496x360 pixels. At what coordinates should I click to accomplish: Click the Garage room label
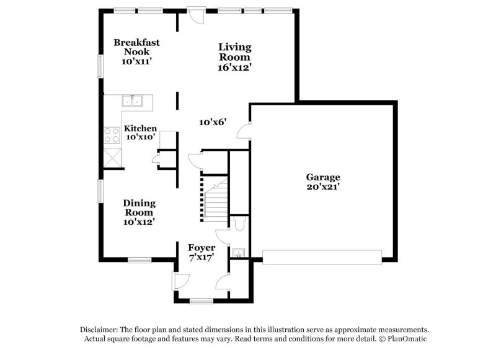[323, 177]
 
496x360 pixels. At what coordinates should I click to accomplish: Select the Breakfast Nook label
[136, 47]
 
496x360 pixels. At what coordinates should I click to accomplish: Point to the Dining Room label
[139, 208]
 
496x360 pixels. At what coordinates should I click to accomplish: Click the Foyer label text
[202, 247]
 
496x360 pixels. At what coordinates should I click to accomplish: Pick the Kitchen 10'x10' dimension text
[141, 137]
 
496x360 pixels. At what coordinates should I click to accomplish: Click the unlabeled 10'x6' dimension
[213, 121]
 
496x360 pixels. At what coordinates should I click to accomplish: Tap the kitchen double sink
[132, 101]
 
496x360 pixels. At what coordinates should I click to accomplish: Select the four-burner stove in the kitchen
[112, 135]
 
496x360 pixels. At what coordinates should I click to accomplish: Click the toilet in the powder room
[240, 223]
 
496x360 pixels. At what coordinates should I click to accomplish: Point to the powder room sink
[238, 253]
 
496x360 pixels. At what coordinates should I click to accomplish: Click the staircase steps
[216, 199]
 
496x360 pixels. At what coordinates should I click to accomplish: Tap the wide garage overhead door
[322, 257]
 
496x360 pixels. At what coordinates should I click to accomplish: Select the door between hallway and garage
[244, 131]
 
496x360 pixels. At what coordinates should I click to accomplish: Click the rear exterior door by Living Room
[196, 15]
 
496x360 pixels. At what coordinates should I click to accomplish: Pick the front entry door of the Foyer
[180, 281]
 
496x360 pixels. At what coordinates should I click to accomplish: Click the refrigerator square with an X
[113, 157]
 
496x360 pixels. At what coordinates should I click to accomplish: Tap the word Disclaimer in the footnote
[99, 330]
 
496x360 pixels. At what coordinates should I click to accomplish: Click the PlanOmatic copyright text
[402, 339]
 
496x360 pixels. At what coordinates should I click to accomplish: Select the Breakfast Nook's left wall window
[100, 66]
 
